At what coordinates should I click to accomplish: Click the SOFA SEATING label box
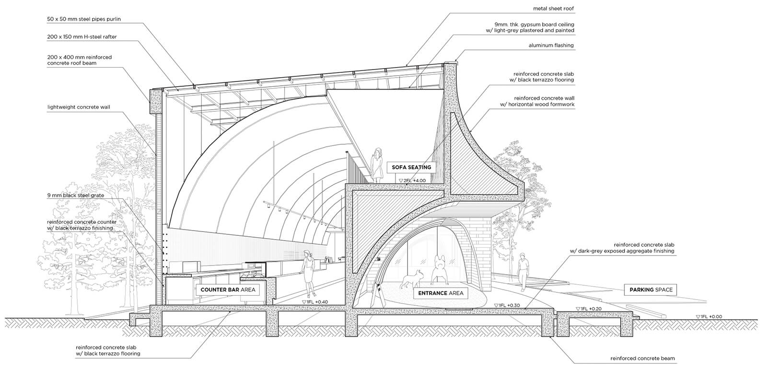pos(412,167)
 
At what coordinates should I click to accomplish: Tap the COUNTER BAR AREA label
pos(228,290)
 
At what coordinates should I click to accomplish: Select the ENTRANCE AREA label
pos(441,293)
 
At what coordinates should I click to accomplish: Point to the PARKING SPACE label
pos(651,290)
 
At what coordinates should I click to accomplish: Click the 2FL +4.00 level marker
pos(412,180)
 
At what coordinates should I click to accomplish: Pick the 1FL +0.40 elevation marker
pos(315,302)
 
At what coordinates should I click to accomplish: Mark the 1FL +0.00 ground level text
pos(709,316)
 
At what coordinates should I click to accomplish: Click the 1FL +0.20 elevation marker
pos(589,309)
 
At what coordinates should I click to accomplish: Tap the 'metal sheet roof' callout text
pos(553,9)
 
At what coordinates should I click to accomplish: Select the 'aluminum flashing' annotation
pos(551,45)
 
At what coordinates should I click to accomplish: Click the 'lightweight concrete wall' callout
pos(79,107)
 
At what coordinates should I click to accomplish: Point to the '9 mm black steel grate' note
pos(76,196)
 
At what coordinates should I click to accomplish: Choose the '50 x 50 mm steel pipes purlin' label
pos(84,19)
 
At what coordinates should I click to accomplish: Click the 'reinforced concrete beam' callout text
pos(643,359)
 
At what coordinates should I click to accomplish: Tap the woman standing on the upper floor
pos(377,165)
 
